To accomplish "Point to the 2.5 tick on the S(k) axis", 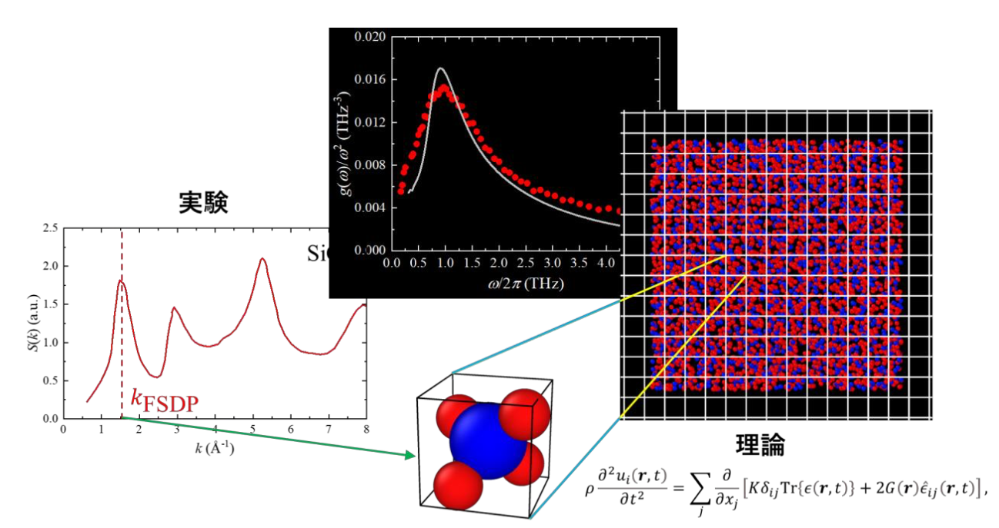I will pyautogui.click(x=51, y=228).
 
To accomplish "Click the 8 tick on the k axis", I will pyautogui.click(x=366, y=429).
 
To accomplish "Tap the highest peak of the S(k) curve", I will pyautogui.click(x=263, y=259).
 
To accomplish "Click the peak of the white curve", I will pyautogui.click(x=440, y=69).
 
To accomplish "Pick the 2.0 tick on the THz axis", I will pyautogui.click(x=499, y=263).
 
